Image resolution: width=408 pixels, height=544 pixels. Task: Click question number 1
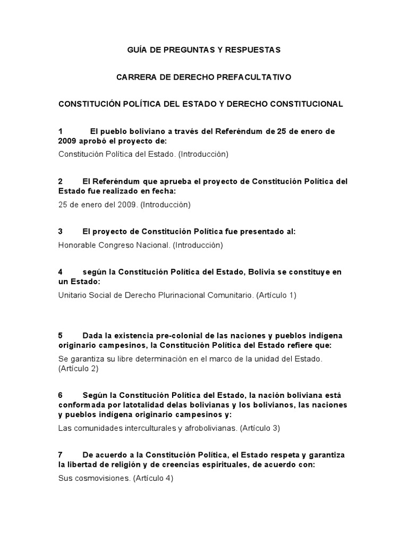pos(61,131)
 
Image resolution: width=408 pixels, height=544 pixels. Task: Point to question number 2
pos(61,181)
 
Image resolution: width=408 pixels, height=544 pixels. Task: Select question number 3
pos(61,232)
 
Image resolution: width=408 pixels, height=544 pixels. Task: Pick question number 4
pos(61,272)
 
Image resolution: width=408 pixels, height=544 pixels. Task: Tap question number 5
pos(61,335)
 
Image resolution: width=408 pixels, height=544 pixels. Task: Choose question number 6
pos(61,395)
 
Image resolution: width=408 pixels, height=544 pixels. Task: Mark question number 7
pos(61,455)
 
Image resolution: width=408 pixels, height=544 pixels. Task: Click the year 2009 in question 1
pos(67,141)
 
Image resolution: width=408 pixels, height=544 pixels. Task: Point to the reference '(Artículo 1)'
pos(276,295)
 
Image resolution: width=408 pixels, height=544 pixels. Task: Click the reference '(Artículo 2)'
pos(78,369)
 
